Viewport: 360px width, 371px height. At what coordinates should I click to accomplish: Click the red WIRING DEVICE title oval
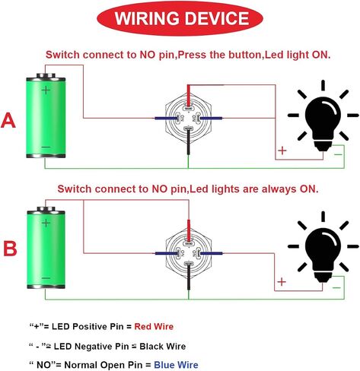tap(180, 18)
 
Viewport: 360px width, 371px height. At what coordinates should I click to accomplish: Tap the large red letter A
tap(8, 121)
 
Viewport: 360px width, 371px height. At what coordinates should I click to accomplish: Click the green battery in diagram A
tap(46, 116)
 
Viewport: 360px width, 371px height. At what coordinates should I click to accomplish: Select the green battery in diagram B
tap(46, 248)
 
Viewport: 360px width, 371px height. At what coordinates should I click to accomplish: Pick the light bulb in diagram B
tap(323, 248)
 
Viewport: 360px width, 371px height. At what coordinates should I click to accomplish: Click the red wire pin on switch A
tap(189, 96)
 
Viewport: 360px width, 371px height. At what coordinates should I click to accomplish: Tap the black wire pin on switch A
tap(188, 141)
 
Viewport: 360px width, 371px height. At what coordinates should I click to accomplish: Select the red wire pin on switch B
tap(189, 230)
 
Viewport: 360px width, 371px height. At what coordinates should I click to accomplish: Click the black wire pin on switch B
tap(189, 277)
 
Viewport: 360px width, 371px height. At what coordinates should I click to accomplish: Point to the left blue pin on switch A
tap(166, 118)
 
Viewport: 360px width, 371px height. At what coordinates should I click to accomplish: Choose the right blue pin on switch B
tap(212, 253)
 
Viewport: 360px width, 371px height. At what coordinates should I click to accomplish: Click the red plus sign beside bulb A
tap(282, 151)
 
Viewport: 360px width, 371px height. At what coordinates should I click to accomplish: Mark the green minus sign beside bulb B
tap(336, 287)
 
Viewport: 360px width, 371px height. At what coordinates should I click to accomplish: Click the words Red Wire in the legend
tap(154, 326)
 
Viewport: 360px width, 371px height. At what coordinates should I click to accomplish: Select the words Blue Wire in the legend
tap(176, 365)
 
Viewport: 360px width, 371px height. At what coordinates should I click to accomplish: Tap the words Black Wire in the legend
tap(163, 346)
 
